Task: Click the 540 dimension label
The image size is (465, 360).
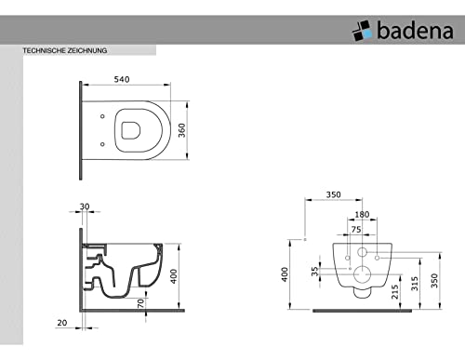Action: [x=122, y=79]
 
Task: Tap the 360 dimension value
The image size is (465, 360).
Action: [x=181, y=130]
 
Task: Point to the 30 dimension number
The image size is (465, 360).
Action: [x=85, y=207]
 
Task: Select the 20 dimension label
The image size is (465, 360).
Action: [x=62, y=323]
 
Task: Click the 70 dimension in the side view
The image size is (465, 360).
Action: [x=140, y=303]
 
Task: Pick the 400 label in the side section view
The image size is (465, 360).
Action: [x=174, y=276]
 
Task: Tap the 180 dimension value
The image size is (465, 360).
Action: [x=362, y=215]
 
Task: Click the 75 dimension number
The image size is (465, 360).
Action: [x=356, y=230]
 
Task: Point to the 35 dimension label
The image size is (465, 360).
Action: [x=315, y=272]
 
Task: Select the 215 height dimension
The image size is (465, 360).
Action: [x=394, y=292]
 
